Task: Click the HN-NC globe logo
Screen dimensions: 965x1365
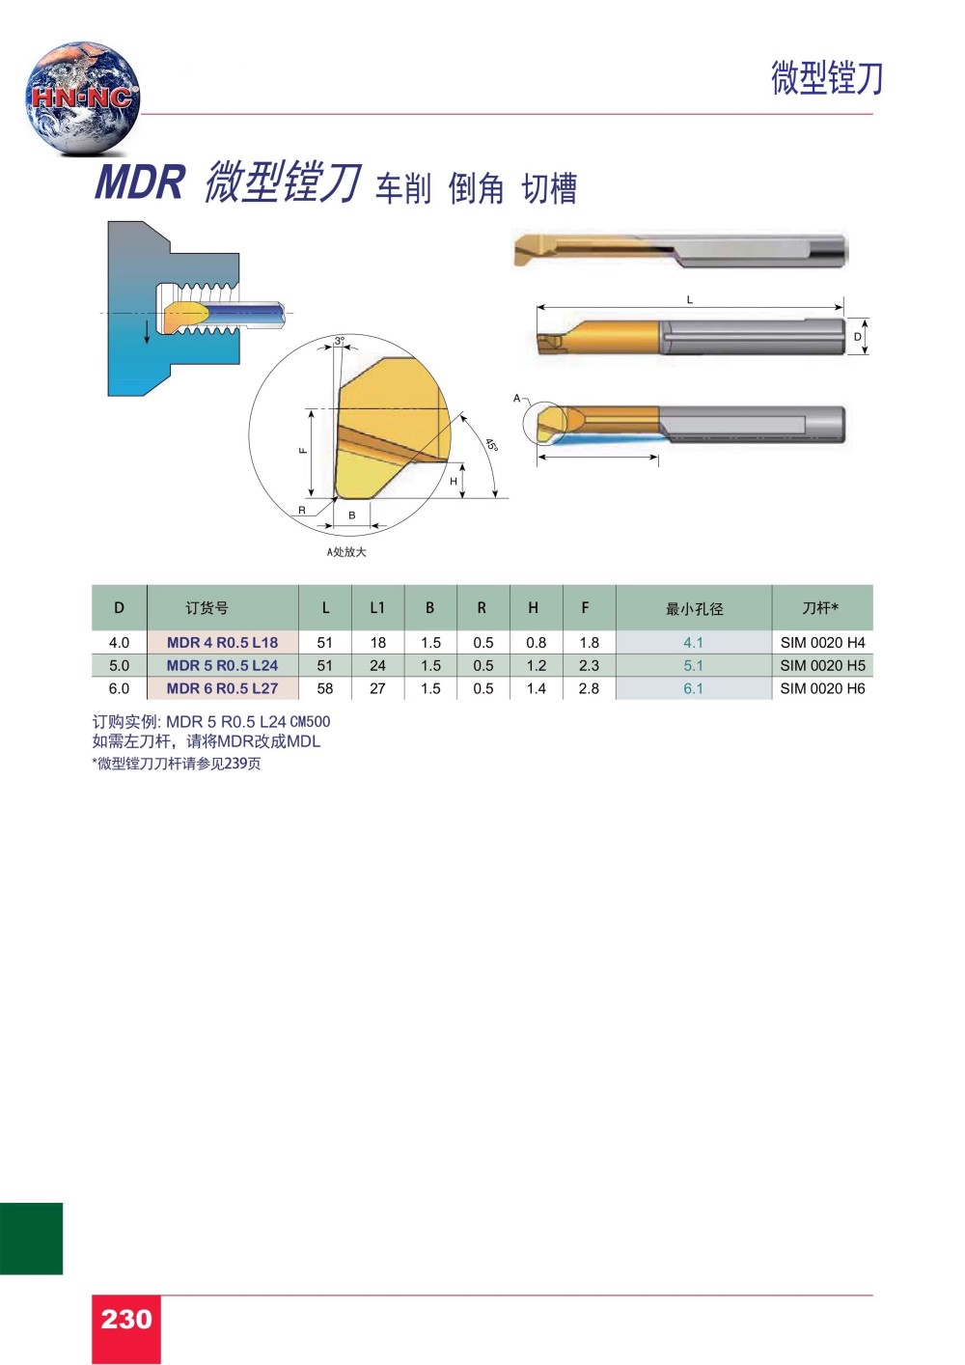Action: pos(82,98)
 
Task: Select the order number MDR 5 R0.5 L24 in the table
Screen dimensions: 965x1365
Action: pos(222,665)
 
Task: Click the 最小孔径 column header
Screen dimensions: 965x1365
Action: pos(694,608)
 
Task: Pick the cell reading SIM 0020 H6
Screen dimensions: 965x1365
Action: pos(822,688)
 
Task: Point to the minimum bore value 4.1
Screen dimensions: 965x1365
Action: pos(693,643)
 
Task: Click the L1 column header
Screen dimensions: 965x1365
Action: pos(377,607)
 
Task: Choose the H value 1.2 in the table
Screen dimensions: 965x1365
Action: pos(537,665)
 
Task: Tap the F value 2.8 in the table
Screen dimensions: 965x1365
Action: pos(589,688)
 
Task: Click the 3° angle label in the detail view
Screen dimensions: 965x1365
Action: pos(340,341)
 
